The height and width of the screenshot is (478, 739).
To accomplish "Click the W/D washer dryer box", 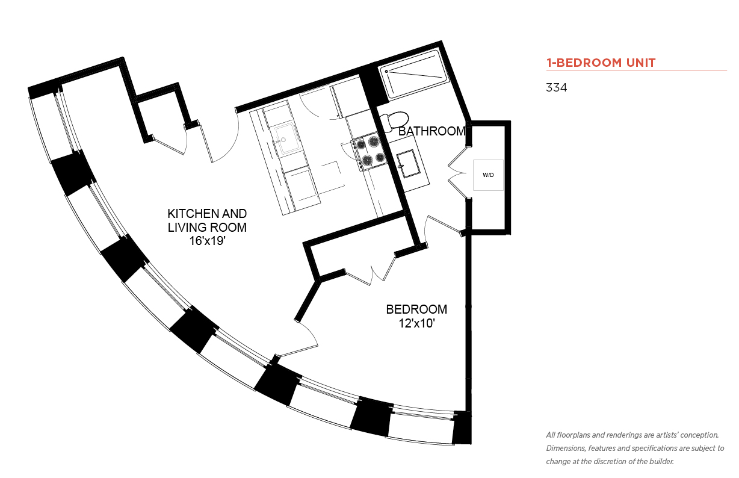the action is coord(488,175).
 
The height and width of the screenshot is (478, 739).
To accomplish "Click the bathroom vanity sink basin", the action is coord(408,163).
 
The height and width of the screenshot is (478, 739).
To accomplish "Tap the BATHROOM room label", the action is coord(432,131).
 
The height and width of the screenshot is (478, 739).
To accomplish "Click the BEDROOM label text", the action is coord(416,309).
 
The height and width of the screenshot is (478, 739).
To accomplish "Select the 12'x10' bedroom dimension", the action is coord(416,323).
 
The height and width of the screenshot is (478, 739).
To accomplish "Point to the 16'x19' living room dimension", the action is coord(207,241).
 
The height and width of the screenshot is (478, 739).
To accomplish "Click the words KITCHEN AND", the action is coord(207,214).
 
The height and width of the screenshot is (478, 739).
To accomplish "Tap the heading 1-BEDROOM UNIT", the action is coord(601,63).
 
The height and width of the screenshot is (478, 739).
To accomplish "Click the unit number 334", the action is coord(556,87).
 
